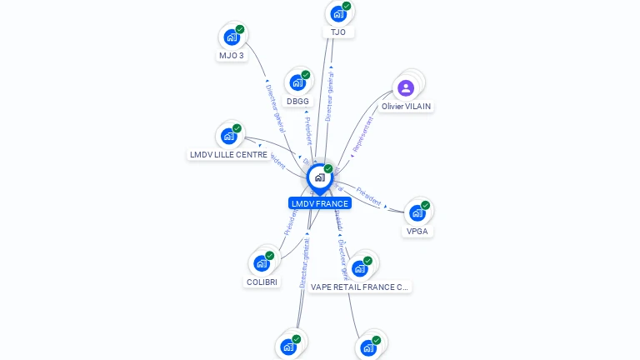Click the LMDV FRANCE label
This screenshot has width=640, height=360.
tap(320, 203)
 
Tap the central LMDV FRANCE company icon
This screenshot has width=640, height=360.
tap(319, 177)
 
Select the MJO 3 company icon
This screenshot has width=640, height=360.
tap(232, 37)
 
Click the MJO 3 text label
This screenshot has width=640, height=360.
tap(232, 56)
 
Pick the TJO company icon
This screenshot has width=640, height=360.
tap(338, 14)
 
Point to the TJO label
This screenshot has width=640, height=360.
tap(338, 32)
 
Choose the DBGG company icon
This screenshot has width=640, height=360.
tap(297, 83)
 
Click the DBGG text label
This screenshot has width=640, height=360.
tap(297, 102)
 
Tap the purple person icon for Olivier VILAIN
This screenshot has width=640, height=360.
tap(406, 88)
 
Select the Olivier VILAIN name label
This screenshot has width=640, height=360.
tap(407, 107)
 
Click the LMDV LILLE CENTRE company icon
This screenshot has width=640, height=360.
tap(228, 137)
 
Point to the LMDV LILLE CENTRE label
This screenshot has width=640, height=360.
tap(228, 155)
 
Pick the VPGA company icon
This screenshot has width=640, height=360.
tap(417, 213)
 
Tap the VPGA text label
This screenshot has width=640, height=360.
tap(417, 232)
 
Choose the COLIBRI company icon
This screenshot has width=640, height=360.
tap(262, 264)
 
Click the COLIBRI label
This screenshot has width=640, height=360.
tap(262, 282)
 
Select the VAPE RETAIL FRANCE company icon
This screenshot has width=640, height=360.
tap(359, 268)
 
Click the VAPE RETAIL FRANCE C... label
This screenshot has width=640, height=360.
tap(359, 287)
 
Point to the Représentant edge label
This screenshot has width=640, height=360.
tap(362, 132)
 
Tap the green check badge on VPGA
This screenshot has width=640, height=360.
tap(426, 205)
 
